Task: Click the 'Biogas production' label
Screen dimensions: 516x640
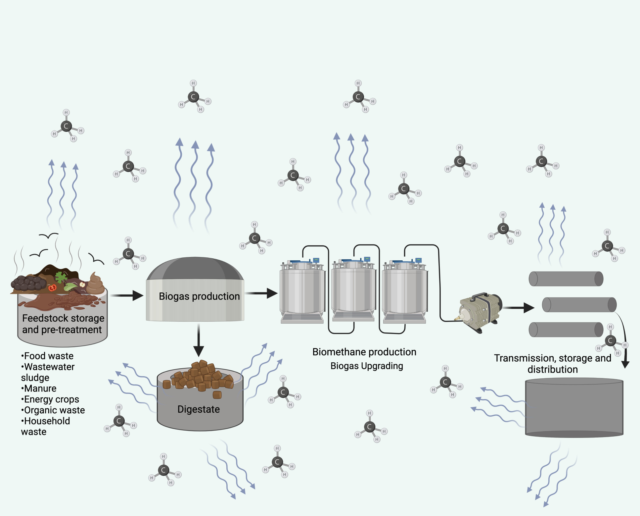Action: coord(199,296)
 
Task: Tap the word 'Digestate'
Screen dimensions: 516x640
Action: coord(199,409)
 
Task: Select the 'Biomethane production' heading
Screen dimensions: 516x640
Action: coord(364,352)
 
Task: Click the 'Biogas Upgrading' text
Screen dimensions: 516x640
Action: coord(367,366)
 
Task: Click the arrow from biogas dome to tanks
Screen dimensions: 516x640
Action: coord(261,293)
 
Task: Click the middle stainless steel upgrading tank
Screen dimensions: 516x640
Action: coord(353,290)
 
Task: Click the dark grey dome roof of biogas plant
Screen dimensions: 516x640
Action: coord(195,269)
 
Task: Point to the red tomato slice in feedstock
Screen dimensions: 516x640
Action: coord(52,288)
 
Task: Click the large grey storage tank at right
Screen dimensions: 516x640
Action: coord(574,408)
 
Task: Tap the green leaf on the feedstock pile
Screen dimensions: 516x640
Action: coord(61,277)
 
